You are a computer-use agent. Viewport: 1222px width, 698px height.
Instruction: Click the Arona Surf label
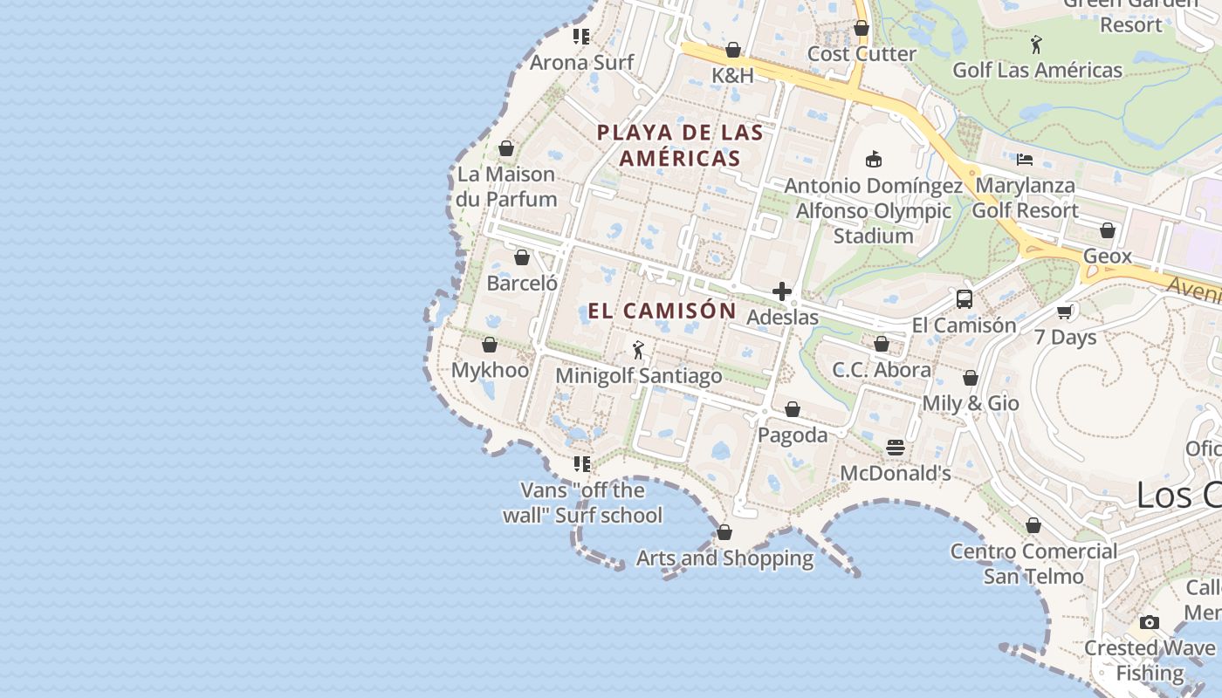(582, 63)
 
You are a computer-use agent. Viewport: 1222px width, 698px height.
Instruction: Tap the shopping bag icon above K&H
(733, 50)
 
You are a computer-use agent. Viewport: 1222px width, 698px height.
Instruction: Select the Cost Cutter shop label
(862, 54)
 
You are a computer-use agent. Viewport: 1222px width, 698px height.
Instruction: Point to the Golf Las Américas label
(1037, 71)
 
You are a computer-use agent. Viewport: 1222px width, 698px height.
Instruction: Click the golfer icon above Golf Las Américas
(1036, 44)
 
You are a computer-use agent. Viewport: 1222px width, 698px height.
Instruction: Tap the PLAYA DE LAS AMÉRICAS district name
(680, 146)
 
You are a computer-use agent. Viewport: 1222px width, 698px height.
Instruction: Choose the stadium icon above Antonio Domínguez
(873, 159)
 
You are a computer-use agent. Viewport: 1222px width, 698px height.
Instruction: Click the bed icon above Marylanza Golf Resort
(1025, 160)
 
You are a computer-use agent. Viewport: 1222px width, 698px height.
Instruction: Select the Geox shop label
(1107, 257)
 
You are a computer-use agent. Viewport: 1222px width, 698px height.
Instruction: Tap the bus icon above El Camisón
(964, 299)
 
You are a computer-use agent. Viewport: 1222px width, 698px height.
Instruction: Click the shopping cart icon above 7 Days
(1064, 311)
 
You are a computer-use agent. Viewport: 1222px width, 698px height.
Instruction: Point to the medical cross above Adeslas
(782, 291)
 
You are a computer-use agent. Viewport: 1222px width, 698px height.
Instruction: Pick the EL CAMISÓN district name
(662, 311)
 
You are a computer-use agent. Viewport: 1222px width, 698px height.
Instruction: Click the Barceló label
(522, 284)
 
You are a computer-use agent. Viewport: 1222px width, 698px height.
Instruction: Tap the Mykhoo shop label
(490, 370)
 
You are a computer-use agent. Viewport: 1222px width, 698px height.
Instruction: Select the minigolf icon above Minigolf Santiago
(638, 350)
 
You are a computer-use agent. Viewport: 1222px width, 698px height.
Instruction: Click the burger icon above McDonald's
(895, 448)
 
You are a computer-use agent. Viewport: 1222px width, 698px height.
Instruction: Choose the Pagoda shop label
(793, 435)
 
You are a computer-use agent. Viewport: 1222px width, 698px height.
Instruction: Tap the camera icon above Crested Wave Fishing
(1150, 622)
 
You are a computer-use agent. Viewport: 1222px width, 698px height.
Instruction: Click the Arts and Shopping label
(724, 558)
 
